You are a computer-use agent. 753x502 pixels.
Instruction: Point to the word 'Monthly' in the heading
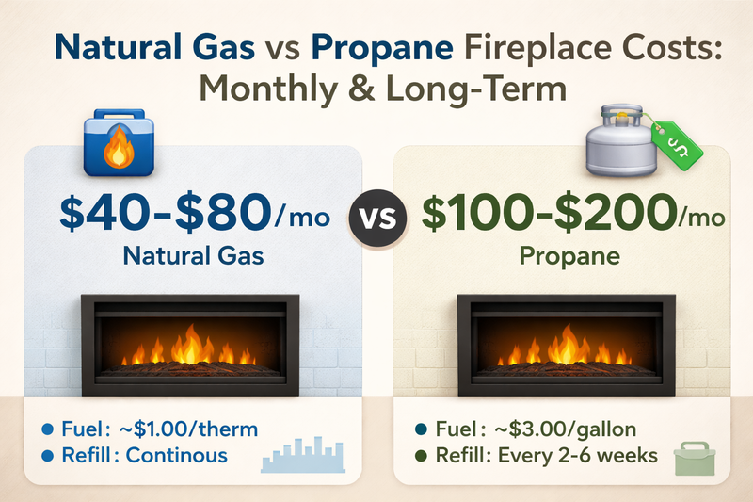pyautogui.click(x=282, y=92)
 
